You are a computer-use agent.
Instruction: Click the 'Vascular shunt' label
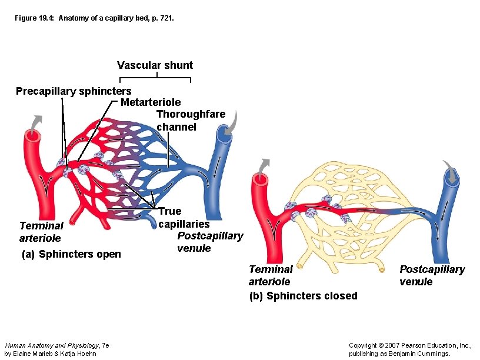155,65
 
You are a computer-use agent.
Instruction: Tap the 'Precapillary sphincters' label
74,91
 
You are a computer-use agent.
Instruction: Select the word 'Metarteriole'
151,102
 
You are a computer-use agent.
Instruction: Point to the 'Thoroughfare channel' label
190,120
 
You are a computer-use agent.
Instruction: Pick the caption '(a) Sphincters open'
71,254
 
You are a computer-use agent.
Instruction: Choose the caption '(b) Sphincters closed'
303,295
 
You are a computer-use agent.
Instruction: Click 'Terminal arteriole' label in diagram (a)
41,232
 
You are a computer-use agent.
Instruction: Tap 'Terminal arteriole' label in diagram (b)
270,275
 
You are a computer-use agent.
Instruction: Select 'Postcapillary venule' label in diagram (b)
432,275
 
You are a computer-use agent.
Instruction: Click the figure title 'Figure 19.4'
95,19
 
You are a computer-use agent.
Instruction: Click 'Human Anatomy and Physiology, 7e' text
56,345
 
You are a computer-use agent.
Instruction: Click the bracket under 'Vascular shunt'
156,78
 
